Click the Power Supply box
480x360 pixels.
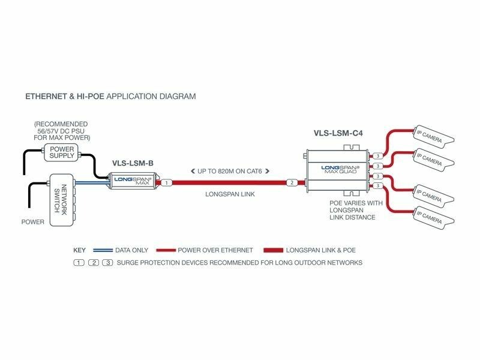62,152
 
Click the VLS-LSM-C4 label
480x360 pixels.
338,133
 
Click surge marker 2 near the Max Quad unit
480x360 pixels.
292,182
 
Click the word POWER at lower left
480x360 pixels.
32,222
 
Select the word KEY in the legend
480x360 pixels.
80,250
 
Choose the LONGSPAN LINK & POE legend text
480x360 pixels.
324,250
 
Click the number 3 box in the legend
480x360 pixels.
107,263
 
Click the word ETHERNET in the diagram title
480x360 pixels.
43,96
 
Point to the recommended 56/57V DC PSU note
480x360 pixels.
62,131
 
